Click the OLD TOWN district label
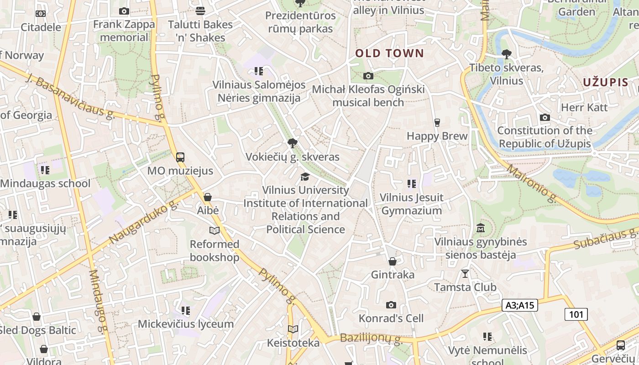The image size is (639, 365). point(390,53)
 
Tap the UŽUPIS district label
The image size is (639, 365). point(606,83)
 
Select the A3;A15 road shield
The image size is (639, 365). point(520,305)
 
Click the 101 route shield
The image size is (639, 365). point(576,314)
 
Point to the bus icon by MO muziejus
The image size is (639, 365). point(180,157)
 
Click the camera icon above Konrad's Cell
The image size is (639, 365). point(391,305)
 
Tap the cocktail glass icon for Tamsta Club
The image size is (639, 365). point(465,274)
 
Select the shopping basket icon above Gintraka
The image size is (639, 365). point(392,261)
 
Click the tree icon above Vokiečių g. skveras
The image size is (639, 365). point(293,144)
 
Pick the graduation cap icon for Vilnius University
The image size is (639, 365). point(305,177)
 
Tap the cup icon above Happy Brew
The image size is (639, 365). point(437,123)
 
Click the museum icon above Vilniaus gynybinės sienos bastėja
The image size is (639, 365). point(481,228)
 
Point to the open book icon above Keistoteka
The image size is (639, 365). point(293,329)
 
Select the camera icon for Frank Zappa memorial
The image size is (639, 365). point(124,11)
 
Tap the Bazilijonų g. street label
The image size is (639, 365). point(371,339)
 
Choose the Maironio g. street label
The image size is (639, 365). point(532,183)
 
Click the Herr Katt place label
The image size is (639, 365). point(584,108)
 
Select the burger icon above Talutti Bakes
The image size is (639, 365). point(200,10)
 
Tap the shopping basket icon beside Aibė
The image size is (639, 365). point(208,197)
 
